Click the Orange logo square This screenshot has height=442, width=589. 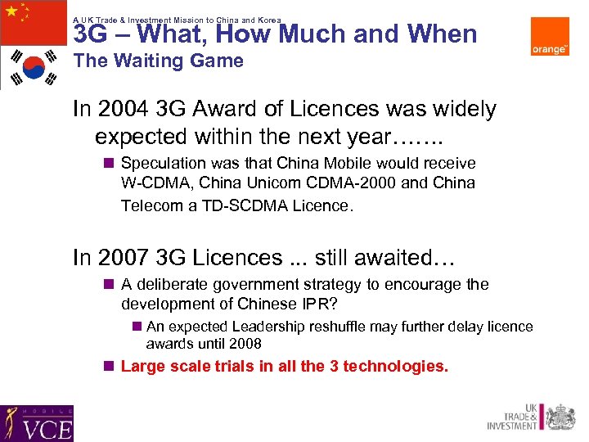click(x=549, y=37)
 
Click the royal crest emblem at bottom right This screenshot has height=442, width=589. click(x=560, y=417)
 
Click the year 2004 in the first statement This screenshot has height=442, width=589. click(x=119, y=109)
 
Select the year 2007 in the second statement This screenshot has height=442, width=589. click(x=119, y=258)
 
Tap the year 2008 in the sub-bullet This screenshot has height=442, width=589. click(x=245, y=344)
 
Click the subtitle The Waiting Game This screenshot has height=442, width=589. click(x=158, y=61)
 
